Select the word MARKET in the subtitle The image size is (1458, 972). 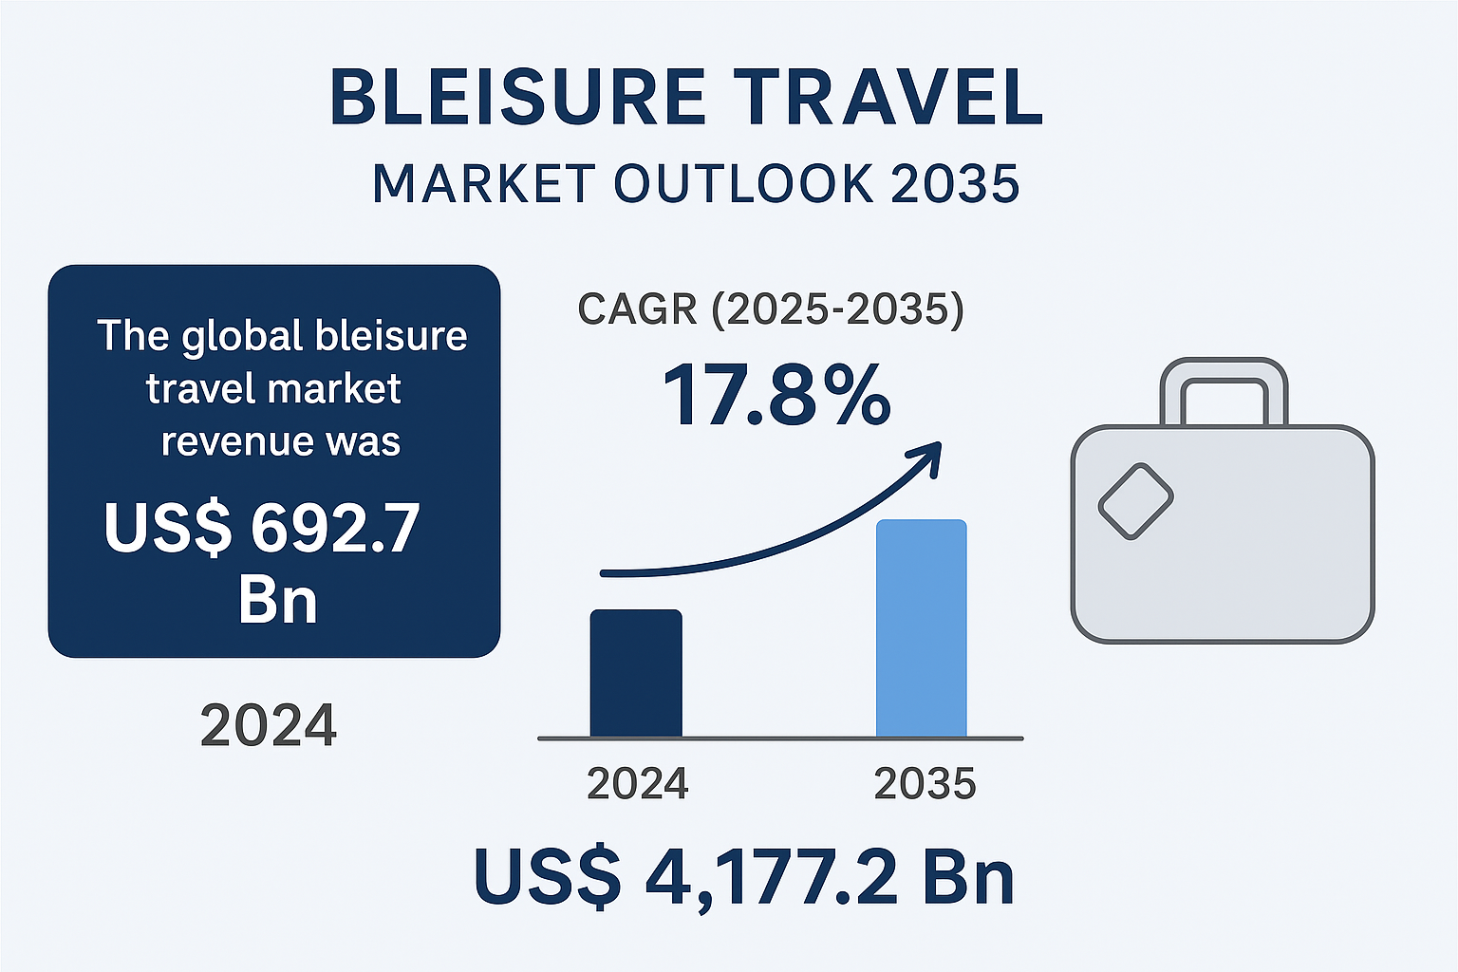pyautogui.click(x=483, y=183)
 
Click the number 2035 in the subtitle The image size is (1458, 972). pyautogui.click(x=954, y=183)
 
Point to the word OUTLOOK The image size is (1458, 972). pyautogui.click(x=742, y=183)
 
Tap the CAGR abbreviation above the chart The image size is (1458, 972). pyautogui.click(x=637, y=308)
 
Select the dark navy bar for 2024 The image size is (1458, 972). pyautogui.click(x=636, y=673)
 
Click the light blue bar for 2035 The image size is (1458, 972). pyautogui.click(x=921, y=628)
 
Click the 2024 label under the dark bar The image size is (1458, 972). pyautogui.click(x=637, y=784)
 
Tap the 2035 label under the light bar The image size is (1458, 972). pyautogui.click(x=925, y=784)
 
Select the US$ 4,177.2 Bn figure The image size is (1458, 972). pyautogui.click(x=744, y=877)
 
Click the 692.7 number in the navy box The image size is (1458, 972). pyautogui.click(x=335, y=528)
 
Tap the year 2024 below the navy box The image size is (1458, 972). pyautogui.click(x=269, y=725)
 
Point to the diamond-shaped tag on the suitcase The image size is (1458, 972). pyautogui.click(x=1135, y=500)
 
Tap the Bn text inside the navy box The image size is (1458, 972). pyautogui.click(x=278, y=599)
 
